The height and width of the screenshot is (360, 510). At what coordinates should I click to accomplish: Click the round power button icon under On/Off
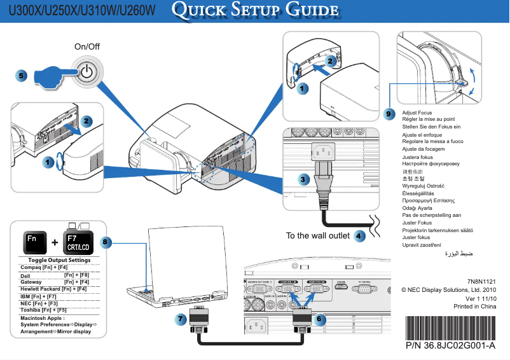tap(86, 71)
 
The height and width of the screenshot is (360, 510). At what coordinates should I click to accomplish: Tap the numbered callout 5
tap(21, 75)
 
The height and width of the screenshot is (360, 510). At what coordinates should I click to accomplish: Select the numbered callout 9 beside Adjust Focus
tap(390, 113)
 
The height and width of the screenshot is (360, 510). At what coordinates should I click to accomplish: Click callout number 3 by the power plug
tap(305, 179)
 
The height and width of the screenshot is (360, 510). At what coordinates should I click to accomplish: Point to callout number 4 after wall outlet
tap(359, 236)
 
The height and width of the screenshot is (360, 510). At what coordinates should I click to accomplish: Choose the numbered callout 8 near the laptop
tap(106, 242)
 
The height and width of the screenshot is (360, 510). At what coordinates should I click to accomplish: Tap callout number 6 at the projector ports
tap(319, 318)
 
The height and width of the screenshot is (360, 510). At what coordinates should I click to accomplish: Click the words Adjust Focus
tap(417, 113)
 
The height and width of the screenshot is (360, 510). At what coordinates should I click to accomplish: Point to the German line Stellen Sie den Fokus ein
tap(431, 127)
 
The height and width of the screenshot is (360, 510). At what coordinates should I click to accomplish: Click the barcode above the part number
tap(449, 328)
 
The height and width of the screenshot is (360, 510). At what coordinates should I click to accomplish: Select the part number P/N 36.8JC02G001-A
tap(449, 346)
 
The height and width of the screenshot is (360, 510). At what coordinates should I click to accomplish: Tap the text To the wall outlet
tap(317, 236)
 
